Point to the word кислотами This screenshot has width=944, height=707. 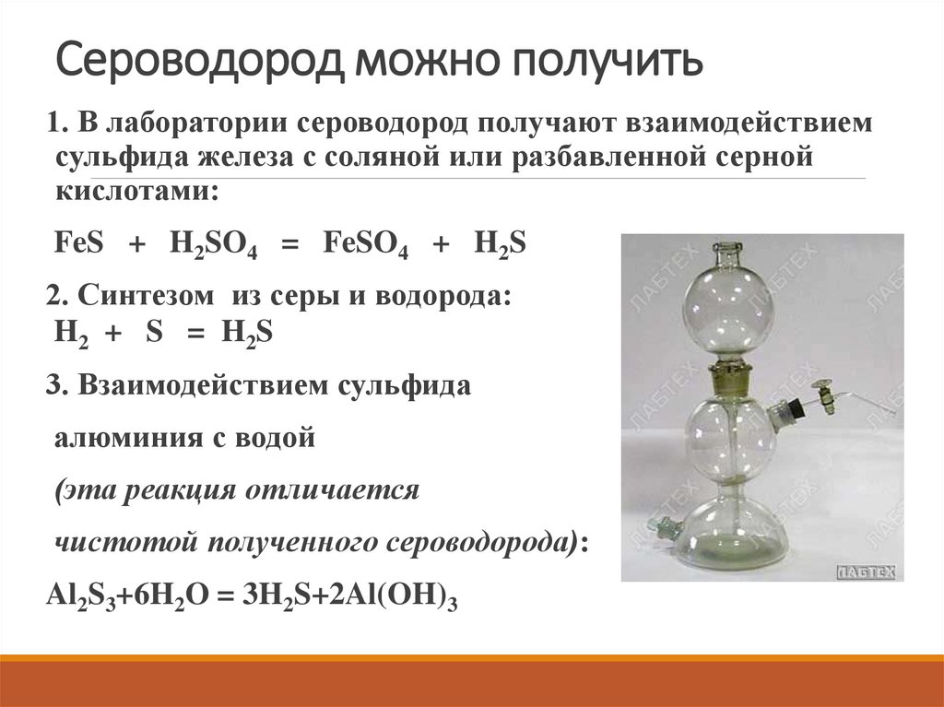point(136,191)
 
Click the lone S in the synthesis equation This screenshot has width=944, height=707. point(153,333)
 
